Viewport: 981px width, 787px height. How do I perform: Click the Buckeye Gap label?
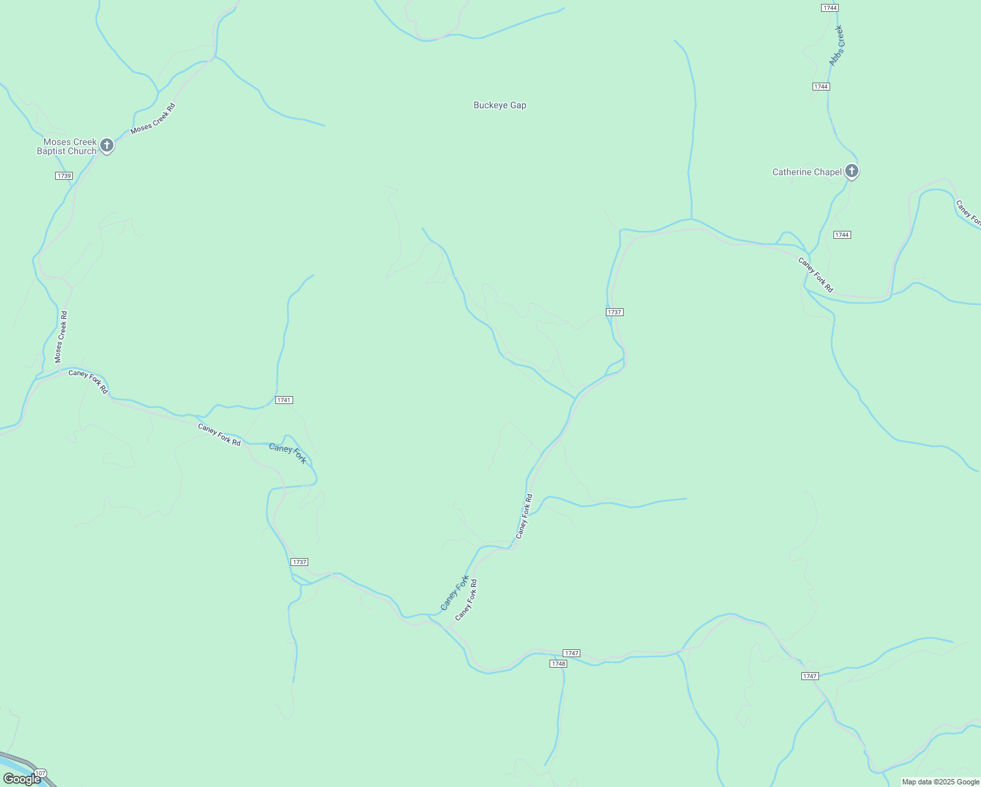[500, 105]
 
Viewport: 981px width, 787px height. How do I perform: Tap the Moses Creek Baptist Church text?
[66, 146]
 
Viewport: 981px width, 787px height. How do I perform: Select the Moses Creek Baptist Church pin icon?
[107, 146]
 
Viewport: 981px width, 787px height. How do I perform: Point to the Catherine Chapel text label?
[807, 172]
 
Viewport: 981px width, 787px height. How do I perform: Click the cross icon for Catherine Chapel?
[851, 171]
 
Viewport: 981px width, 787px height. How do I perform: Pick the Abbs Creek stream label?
[836, 46]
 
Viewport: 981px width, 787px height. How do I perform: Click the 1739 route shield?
[64, 176]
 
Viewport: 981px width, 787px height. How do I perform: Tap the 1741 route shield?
[284, 400]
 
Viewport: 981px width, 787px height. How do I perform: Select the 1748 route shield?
[558, 664]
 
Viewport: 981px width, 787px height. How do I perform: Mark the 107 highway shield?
[40, 773]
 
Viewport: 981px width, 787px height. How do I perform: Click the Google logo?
[22, 779]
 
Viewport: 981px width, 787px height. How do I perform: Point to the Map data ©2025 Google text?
[940, 782]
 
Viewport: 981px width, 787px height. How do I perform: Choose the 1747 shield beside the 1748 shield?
[571, 653]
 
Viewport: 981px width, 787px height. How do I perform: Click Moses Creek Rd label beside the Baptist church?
[153, 119]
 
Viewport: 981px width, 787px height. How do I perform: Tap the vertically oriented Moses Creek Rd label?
[61, 337]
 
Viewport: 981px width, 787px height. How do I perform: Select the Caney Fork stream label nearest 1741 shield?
[288, 453]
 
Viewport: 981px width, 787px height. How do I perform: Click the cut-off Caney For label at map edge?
[968, 212]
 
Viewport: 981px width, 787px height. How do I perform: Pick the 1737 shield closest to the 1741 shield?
[299, 562]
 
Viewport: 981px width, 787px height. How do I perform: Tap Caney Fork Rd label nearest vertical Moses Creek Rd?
[89, 382]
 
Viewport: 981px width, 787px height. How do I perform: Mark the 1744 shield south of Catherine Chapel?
[842, 235]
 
